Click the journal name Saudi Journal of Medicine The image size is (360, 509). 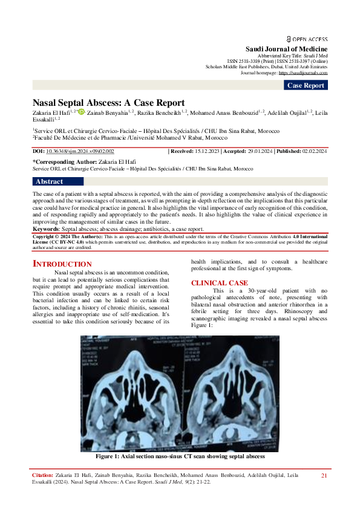286,48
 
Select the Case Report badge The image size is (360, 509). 306,85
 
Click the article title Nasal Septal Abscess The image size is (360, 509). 108,103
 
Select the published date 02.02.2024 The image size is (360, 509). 313,152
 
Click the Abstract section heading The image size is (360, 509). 50,181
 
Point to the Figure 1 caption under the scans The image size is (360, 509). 180,456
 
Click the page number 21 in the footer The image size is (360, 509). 324,476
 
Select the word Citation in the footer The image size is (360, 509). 42,476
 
